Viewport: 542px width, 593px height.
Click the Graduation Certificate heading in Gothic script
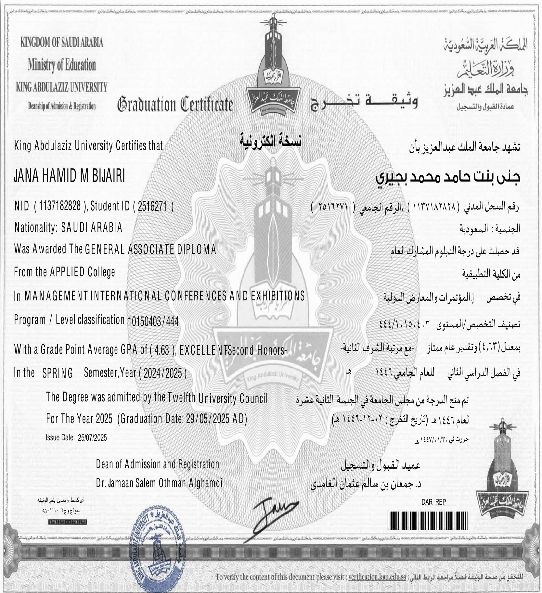[175, 104]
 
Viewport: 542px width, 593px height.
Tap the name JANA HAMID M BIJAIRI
[70, 177]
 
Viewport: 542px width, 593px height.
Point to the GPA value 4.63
[162, 350]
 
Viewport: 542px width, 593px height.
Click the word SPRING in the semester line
[58, 373]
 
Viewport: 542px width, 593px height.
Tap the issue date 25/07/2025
[92, 437]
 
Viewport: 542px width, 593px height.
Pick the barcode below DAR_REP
[428, 521]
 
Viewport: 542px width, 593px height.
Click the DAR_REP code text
[433, 502]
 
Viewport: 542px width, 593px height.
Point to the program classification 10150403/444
[153, 322]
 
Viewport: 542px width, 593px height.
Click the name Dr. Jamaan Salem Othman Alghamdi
[159, 483]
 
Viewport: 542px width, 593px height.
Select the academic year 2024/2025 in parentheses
[163, 373]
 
